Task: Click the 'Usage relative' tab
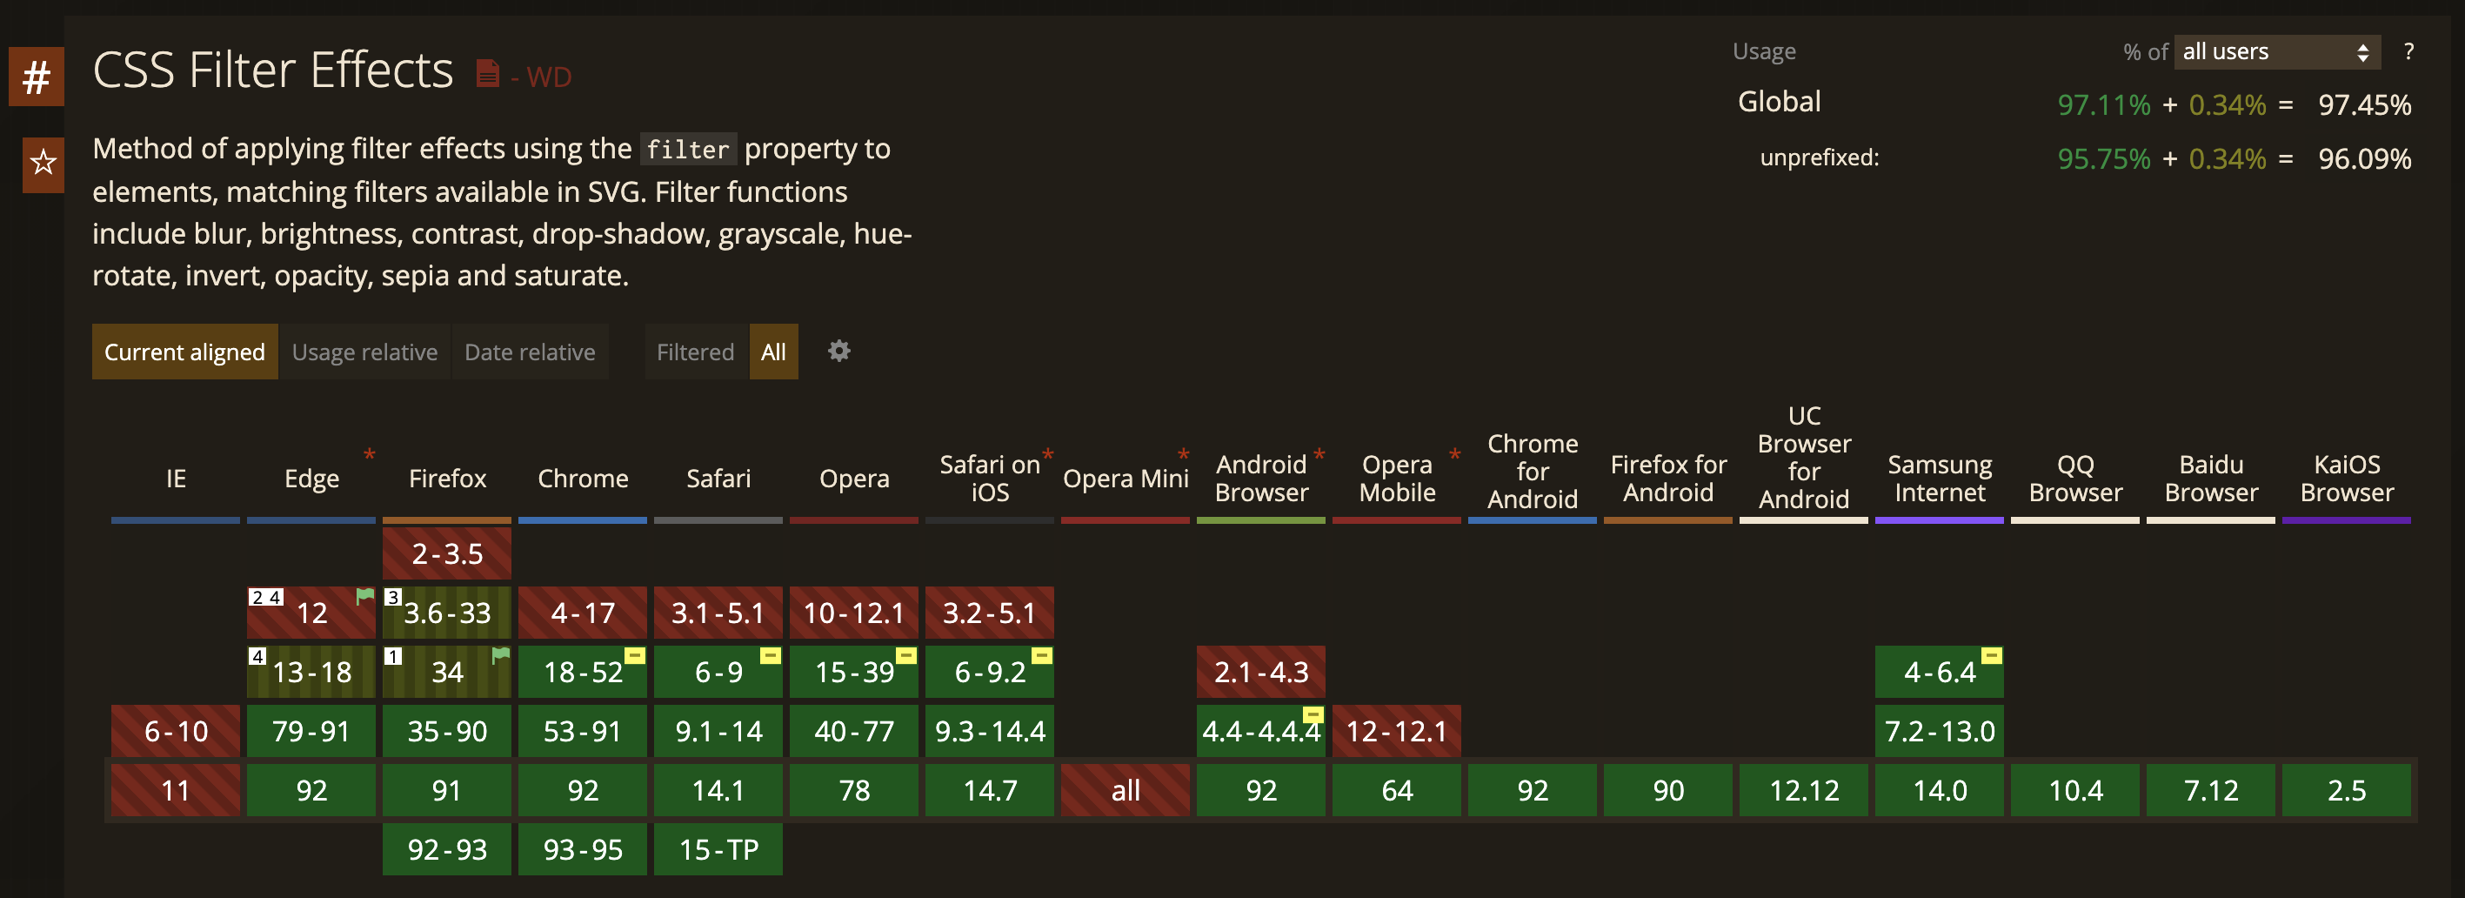(364, 352)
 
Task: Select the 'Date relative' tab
(529, 352)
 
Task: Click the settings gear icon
(838, 352)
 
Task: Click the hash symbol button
(37, 77)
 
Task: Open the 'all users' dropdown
(2275, 51)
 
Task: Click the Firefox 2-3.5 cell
(447, 553)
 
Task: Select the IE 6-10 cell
(175, 732)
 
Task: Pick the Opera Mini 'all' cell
(1126, 791)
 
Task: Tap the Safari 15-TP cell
(718, 849)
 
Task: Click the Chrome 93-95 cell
(582, 849)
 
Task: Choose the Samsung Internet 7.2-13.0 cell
(1939, 732)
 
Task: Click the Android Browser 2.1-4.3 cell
(1260, 672)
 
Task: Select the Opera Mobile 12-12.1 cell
(1396, 732)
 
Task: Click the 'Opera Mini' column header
(1126, 479)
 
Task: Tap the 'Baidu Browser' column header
(2210, 479)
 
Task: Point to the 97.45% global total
(2363, 105)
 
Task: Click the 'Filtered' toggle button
(695, 352)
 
